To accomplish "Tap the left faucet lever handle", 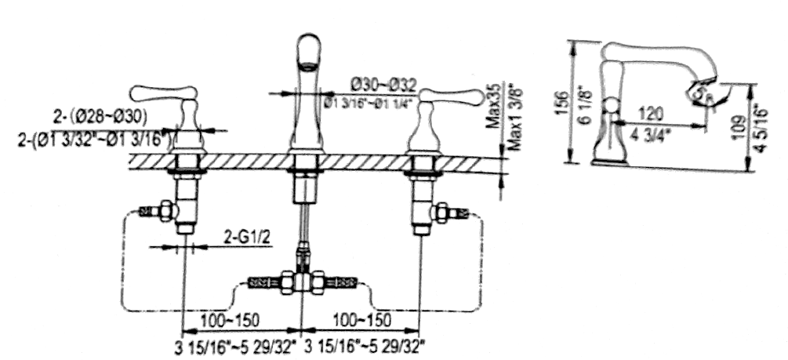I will pyautogui.click(x=160, y=94).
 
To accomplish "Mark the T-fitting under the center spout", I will pyautogui.click(x=303, y=280).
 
